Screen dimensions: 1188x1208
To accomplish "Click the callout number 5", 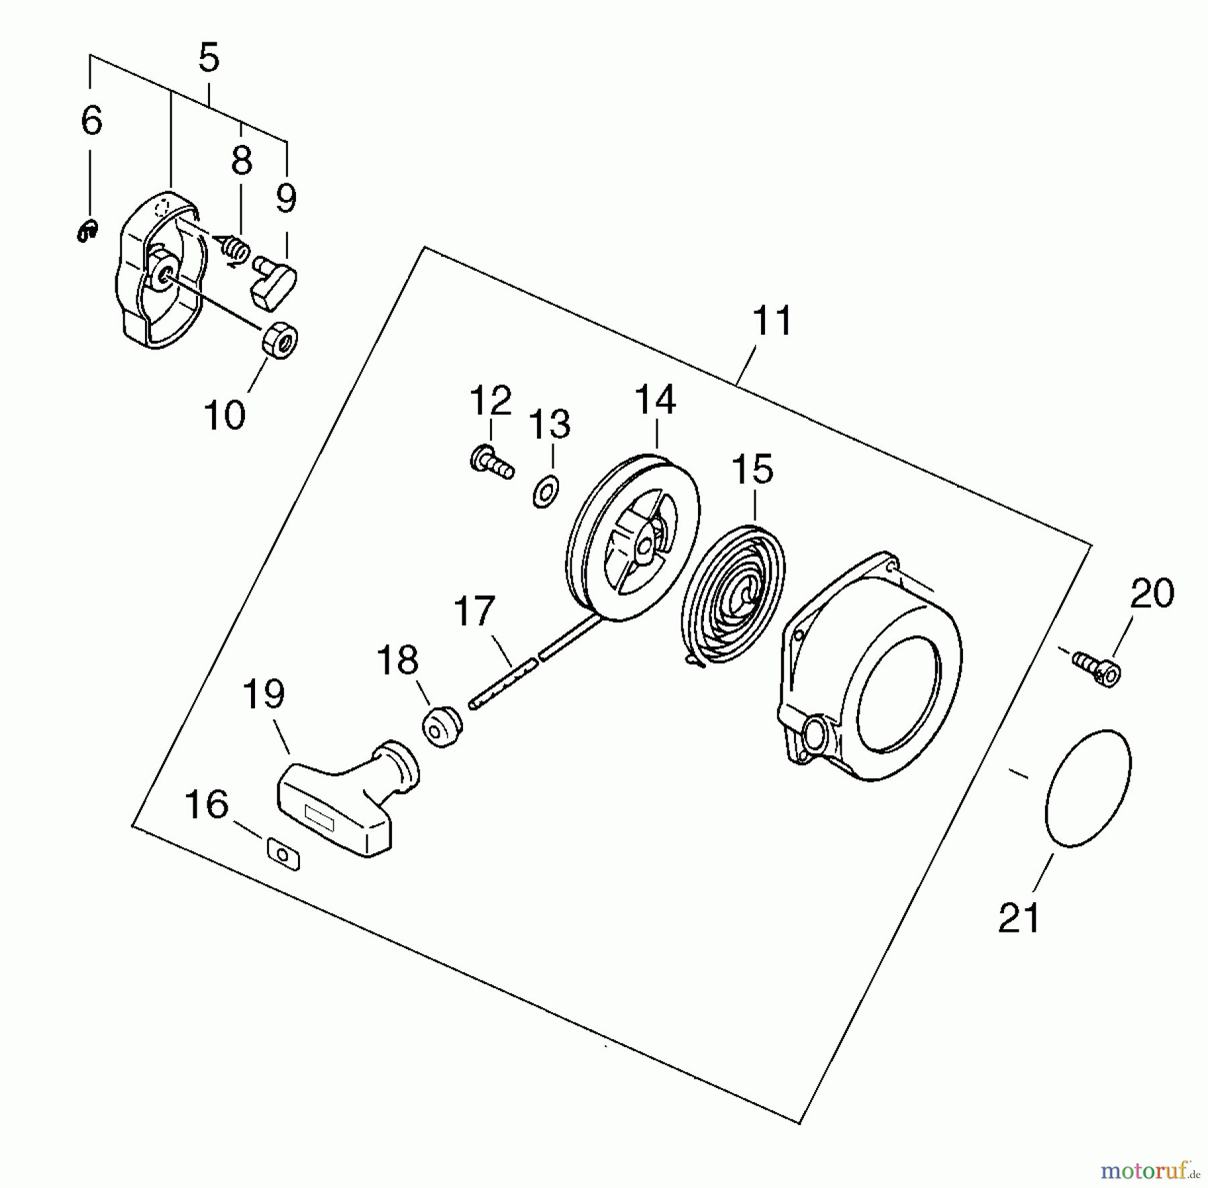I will pos(209,59).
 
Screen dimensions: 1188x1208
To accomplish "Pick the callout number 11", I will pos(772,321).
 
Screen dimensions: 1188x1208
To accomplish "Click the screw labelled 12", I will pos(492,463).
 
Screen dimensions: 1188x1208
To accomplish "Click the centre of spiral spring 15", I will pos(746,593).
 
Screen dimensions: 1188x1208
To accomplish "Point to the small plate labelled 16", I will pos(283,855).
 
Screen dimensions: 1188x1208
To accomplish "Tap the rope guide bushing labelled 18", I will pos(442,726).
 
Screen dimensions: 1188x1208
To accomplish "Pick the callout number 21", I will pos(1019,918).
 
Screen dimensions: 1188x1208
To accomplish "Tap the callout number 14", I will pos(655,400).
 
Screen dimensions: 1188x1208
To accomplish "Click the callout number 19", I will pos(263,694).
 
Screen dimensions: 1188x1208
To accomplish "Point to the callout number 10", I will pos(224,415).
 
